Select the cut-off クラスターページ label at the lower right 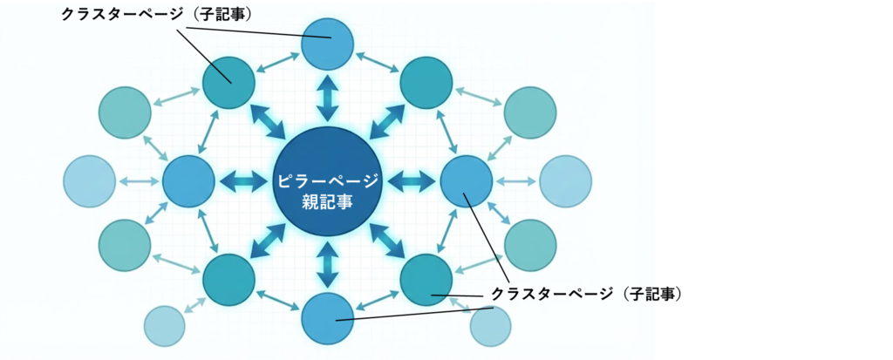(572, 294)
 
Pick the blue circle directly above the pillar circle (327, 43)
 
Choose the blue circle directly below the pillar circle (327, 318)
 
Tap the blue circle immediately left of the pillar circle (188, 181)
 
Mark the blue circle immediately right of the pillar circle (467, 181)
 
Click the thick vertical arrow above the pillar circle (327, 98)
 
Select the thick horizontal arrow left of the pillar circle (244, 181)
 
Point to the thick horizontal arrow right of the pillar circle (411, 181)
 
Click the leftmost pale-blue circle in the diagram (89, 181)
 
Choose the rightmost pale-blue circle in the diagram (565, 181)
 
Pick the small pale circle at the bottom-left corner (164, 327)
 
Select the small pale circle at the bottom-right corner (491, 327)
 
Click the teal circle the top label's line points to (228, 83)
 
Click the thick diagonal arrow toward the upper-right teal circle (386, 121)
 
